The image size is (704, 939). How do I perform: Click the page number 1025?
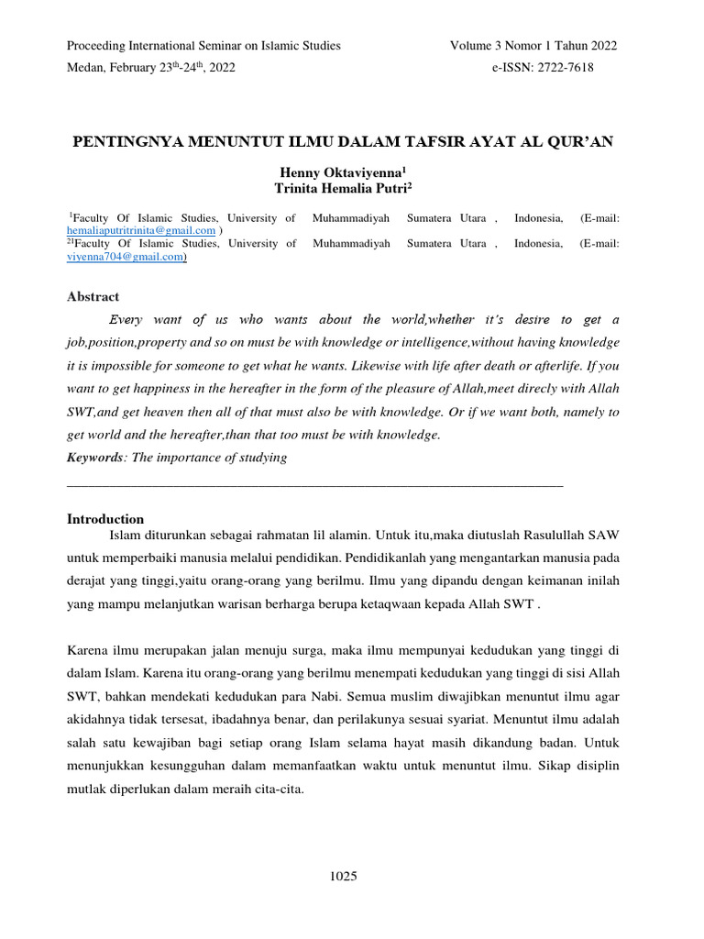tap(343, 877)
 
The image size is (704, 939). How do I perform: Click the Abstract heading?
tap(93, 296)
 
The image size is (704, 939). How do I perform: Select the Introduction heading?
tap(105, 519)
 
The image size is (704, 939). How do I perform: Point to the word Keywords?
tap(94, 458)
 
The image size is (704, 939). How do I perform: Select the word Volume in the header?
tap(473, 46)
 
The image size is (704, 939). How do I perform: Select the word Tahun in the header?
tap(570, 46)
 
